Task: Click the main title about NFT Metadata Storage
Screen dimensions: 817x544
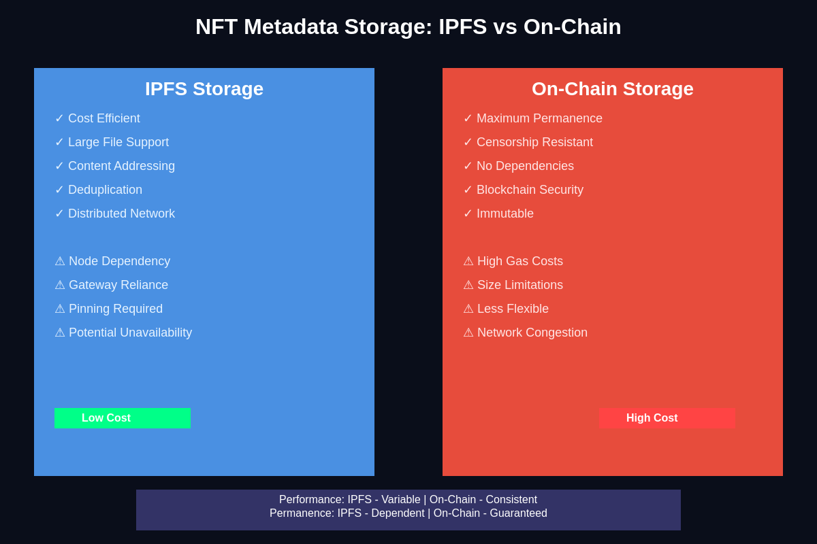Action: [408, 27]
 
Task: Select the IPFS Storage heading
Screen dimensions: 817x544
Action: [204, 89]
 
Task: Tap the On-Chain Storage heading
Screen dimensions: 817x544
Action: [613, 89]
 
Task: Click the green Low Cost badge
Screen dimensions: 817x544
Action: [123, 418]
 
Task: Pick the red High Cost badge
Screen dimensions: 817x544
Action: [667, 418]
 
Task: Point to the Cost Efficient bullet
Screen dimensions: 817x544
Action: [103, 118]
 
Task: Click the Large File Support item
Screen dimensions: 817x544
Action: [118, 142]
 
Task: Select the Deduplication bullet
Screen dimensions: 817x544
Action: [105, 190]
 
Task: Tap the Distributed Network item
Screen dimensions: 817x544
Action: [121, 214]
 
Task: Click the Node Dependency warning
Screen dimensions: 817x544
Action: [119, 261]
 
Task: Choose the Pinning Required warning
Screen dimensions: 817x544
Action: [116, 309]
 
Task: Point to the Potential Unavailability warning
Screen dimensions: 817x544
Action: [130, 333]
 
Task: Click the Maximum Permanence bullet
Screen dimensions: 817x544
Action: [539, 118]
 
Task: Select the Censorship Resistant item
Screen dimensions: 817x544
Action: [534, 142]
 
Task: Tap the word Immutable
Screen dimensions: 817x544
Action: [505, 214]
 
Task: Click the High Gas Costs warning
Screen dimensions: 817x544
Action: [520, 261]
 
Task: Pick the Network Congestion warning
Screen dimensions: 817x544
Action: [532, 333]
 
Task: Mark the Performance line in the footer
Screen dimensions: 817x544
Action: [408, 500]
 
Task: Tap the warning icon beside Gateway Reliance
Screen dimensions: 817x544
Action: [60, 285]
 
